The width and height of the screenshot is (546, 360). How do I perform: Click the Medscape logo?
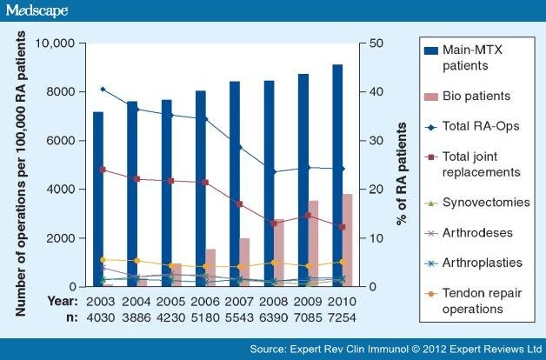click(x=37, y=10)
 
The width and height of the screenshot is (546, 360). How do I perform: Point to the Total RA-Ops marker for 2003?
click(x=103, y=89)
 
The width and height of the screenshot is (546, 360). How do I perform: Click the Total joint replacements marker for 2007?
click(x=240, y=204)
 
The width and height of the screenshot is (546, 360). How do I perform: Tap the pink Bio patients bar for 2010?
click(x=347, y=240)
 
